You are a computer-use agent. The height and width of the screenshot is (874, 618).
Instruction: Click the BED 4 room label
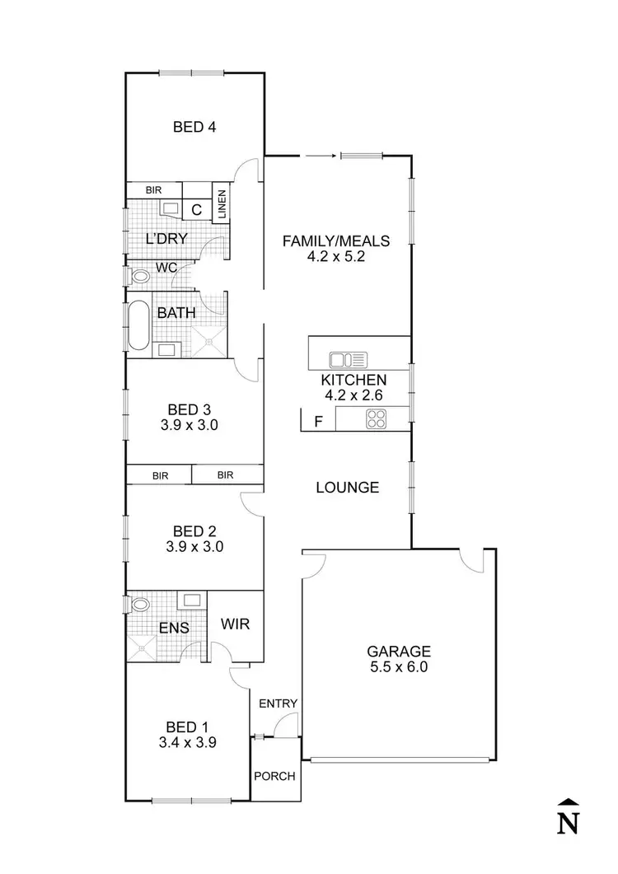pyautogui.click(x=194, y=127)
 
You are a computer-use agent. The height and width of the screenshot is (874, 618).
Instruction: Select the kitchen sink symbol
pyautogui.click(x=348, y=359)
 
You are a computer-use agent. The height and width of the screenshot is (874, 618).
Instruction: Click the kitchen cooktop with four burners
pyautogui.click(x=376, y=418)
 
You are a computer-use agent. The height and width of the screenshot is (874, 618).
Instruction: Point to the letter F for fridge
pyautogui.click(x=318, y=422)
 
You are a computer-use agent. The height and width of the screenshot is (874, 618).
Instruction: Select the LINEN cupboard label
pyautogui.click(x=222, y=204)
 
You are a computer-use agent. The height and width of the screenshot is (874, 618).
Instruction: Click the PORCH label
pyautogui.click(x=274, y=776)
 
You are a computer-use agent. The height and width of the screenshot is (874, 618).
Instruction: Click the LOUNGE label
pyautogui.click(x=348, y=488)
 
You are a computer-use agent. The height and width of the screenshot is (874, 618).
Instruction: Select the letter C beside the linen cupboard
pyautogui.click(x=196, y=210)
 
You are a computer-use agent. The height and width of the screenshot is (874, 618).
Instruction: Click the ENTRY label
pyautogui.click(x=278, y=703)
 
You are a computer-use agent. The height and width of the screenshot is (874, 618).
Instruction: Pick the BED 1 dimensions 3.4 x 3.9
pyautogui.click(x=187, y=743)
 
